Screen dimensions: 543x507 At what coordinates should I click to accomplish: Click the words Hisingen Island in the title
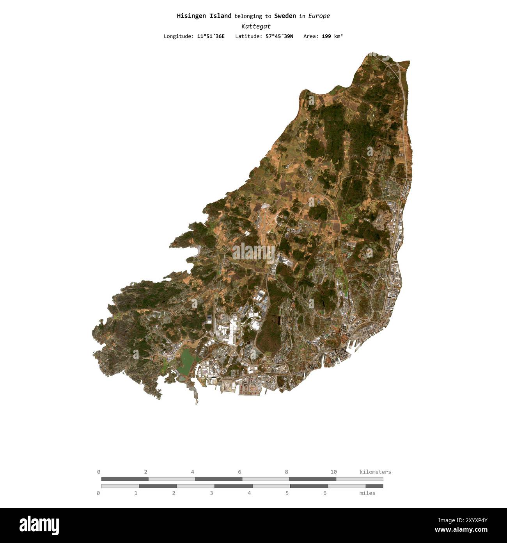[x=204, y=16]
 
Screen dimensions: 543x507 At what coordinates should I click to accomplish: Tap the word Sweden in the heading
[x=285, y=16]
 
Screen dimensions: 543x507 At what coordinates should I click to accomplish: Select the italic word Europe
[x=319, y=16]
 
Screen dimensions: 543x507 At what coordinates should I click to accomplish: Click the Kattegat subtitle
[x=256, y=26]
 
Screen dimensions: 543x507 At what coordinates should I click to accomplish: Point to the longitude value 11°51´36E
[x=211, y=36]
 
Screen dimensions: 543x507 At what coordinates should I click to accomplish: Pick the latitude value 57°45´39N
[x=279, y=36]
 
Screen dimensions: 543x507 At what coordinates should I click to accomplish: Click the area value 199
[x=326, y=36]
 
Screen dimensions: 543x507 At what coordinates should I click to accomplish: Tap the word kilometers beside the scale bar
[x=375, y=472]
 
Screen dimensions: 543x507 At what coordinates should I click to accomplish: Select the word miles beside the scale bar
[x=367, y=493]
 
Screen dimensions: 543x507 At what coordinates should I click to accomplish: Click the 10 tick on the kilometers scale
[x=333, y=472]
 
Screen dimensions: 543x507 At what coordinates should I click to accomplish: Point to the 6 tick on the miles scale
[x=325, y=493]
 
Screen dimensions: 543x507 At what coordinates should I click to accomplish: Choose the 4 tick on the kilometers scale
[x=193, y=472]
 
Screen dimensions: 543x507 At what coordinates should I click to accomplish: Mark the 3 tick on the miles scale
[x=211, y=493]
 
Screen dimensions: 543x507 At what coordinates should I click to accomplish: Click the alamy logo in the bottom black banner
[x=39, y=525]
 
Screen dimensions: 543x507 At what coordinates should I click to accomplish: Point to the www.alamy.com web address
[x=461, y=530]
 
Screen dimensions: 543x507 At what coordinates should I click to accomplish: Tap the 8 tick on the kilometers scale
[x=287, y=472]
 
